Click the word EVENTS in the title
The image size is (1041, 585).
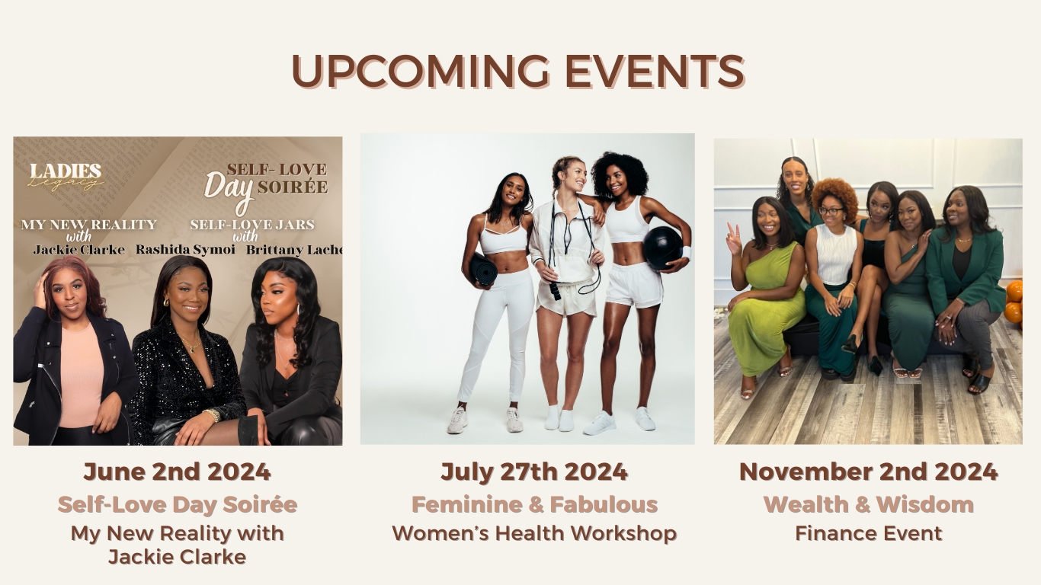655,71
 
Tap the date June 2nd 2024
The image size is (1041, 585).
177,472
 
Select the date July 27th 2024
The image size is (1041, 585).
534,472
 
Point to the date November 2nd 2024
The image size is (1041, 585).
868,472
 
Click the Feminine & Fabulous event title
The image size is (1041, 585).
534,504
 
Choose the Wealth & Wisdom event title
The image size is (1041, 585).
868,504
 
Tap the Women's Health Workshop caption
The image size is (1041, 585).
534,533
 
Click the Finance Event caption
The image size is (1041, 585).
868,533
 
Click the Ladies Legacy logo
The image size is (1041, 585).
66,176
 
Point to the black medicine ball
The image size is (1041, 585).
661,248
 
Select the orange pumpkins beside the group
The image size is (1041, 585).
1014,302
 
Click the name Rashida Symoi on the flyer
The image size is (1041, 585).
185,250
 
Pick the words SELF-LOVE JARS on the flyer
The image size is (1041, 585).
252,225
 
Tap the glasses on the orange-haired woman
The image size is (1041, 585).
831,211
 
